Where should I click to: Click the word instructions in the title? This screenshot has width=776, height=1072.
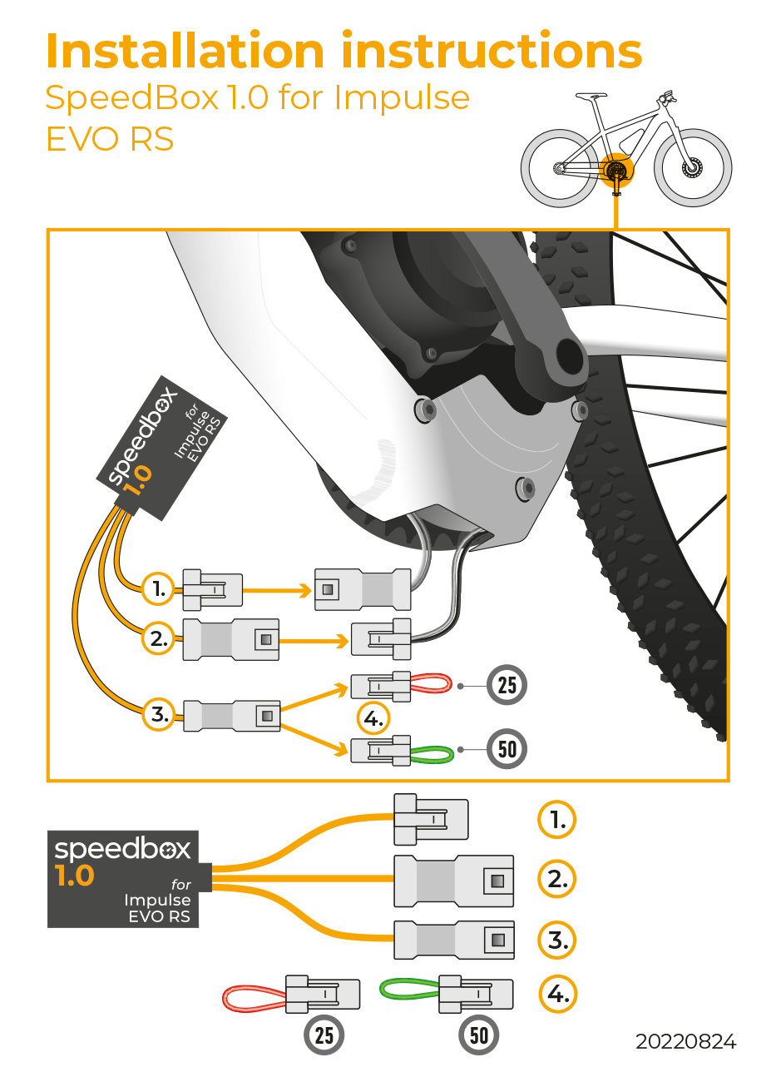(492, 51)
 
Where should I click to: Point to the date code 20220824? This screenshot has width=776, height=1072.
(686, 1041)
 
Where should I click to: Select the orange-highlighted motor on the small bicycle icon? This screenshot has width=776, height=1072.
(616, 171)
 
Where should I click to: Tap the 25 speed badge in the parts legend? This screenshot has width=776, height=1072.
(324, 1035)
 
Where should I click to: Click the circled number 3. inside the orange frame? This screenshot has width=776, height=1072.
(157, 714)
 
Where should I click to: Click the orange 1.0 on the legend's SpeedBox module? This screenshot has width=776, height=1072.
(75, 876)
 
